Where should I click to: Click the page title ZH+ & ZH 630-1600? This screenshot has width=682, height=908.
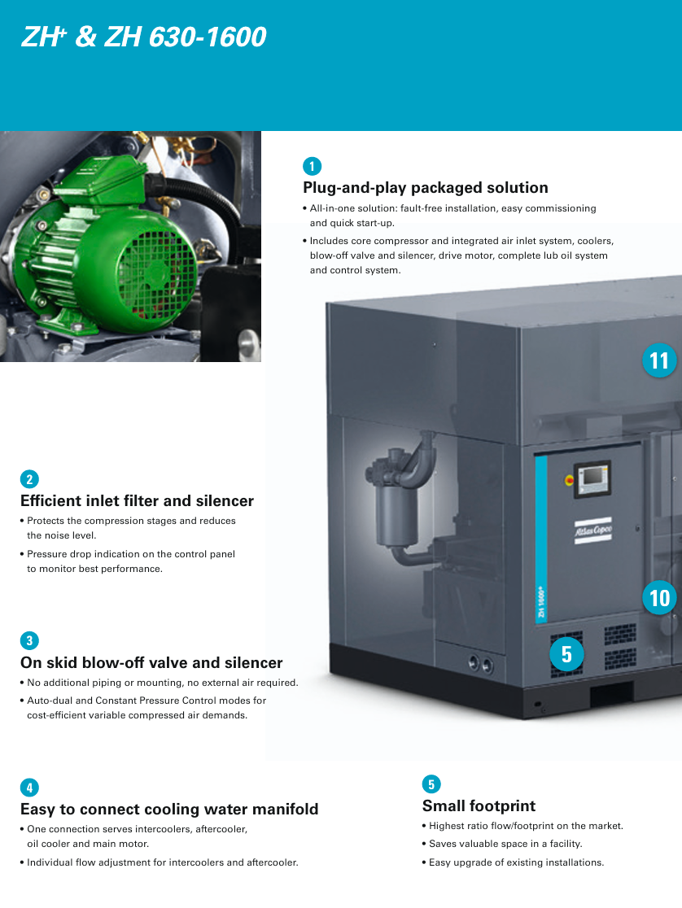click(143, 37)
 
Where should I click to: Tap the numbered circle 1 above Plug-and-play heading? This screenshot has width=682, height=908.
click(312, 166)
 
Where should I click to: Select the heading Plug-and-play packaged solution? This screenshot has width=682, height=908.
click(426, 188)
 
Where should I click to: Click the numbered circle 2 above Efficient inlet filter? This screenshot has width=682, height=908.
click(29, 479)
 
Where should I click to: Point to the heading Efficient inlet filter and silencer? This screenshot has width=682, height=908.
click(137, 501)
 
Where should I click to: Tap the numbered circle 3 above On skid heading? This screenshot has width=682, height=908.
click(29, 640)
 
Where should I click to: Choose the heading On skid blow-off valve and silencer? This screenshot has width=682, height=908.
click(151, 662)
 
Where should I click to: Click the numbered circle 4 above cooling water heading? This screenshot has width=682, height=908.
click(29, 788)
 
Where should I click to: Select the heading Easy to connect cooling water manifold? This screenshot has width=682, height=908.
click(169, 809)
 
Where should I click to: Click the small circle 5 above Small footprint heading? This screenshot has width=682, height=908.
click(431, 784)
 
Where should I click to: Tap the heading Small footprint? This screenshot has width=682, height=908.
click(479, 805)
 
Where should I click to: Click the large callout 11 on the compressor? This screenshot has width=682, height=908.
click(659, 360)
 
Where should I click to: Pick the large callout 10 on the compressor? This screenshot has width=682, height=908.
click(659, 598)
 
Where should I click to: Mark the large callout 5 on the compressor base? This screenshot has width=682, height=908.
click(566, 654)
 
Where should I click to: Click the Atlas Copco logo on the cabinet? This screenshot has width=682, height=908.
click(592, 530)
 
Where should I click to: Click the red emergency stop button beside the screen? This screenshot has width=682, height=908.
click(569, 480)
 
